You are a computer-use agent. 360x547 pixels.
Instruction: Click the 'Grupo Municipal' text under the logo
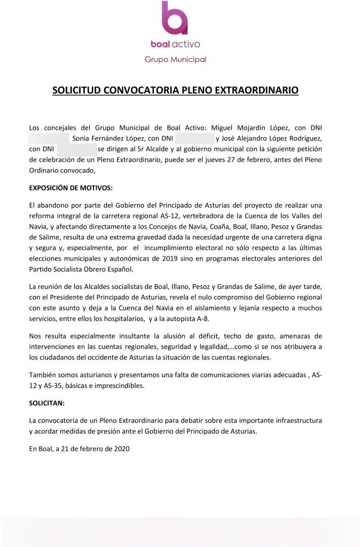click(x=175, y=59)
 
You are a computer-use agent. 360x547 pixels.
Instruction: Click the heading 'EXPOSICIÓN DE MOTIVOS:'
click(x=71, y=188)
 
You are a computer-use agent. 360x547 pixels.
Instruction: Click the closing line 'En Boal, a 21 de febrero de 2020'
click(x=79, y=449)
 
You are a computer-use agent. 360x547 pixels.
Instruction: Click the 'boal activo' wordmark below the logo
click(x=175, y=44)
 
